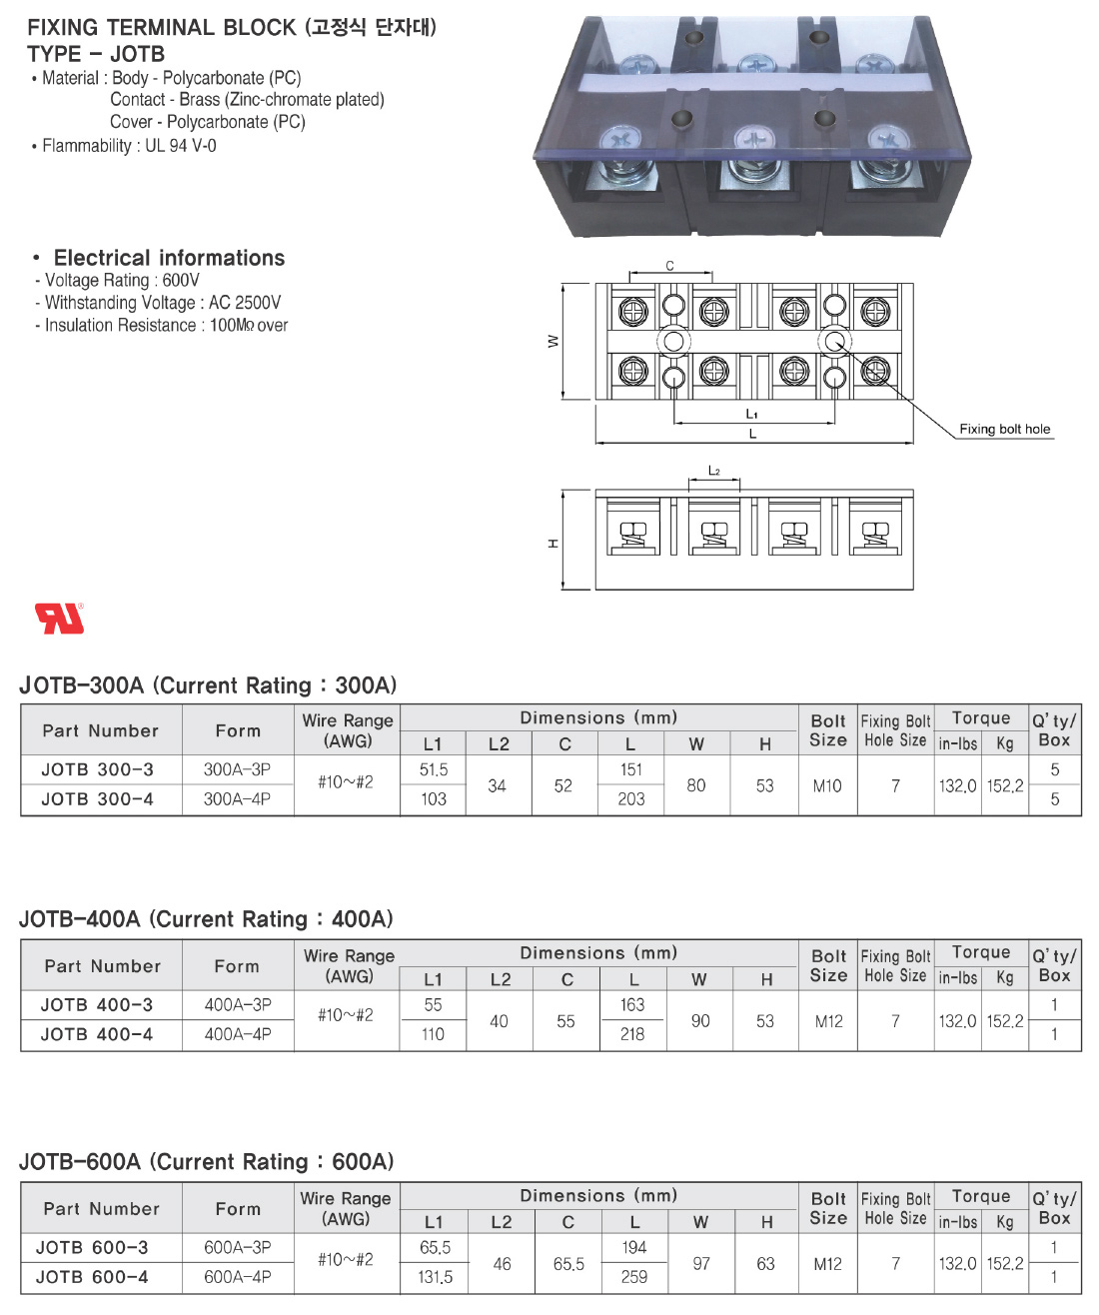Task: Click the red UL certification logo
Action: pos(60,619)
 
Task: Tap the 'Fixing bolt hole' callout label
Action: pos(1004,430)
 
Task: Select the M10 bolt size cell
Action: pos(827,786)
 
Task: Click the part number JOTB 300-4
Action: pos(97,799)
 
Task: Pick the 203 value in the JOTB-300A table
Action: pos(631,799)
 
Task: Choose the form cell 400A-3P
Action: pos(238,1005)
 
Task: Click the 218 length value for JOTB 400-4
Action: pos(632,1034)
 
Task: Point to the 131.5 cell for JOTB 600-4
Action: pos(435,1277)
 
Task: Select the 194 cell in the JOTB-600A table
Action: pos(633,1248)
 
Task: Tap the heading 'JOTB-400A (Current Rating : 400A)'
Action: pos(206,919)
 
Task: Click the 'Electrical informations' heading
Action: pos(169,258)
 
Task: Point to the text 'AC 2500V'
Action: pos(245,303)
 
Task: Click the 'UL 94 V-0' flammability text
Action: pos(181,146)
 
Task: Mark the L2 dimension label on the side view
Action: pos(714,471)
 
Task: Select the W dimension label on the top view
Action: pos(553,342)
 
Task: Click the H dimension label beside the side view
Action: pos(552,543)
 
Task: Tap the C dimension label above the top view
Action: pos(669,266)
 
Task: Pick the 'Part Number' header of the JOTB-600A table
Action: pos(101,1209)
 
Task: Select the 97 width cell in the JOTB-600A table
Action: pos(701,1264)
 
